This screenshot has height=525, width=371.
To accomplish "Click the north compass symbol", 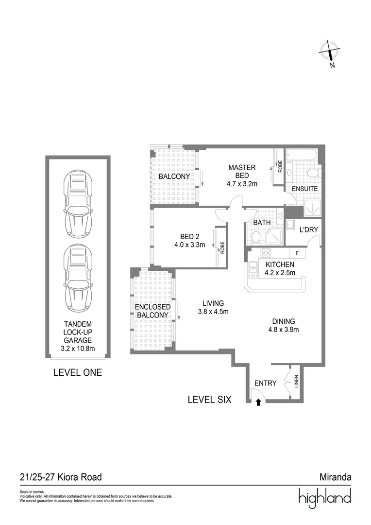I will [x=330, y=52].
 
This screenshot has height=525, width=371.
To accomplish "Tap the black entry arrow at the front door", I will [x=258, y=402].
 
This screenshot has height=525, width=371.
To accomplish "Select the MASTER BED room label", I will [x=241, y=171].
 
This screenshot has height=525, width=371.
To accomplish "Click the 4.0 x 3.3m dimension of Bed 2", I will [x=189, y=245].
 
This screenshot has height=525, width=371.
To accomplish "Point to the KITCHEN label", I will [x=280, y=264].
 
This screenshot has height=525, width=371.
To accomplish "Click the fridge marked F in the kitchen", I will [x=297, y=253].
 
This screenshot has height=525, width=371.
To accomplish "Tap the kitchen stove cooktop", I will [x=266, y=253].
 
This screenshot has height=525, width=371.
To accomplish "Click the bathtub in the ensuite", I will [x=301, y=156].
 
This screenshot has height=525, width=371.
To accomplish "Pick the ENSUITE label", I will [x=304, y=189].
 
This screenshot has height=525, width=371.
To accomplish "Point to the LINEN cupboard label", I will [x=297, y=382].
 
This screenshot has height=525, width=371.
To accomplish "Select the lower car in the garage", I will [x=78, y=279].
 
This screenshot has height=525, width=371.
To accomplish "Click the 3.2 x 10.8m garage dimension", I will [x=78, y=349].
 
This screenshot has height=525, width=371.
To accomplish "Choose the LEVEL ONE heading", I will [x=78, y=373].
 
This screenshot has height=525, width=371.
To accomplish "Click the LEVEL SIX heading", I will [x=209, y=400].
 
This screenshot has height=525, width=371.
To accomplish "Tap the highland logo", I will [x=324, y=498].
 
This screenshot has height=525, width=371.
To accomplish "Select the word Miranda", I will [x=335, y=477].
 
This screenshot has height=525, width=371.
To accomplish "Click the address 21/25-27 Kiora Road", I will [x=61, y=477].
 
